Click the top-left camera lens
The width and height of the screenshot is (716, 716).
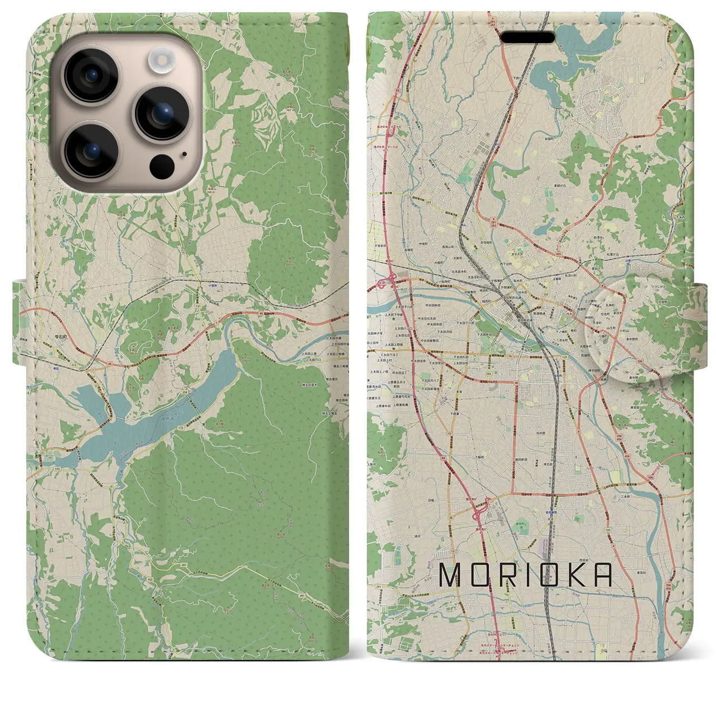coord(91,76)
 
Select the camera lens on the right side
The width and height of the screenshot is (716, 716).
coord(162,113)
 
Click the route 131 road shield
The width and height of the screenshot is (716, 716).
coord(198,307)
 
